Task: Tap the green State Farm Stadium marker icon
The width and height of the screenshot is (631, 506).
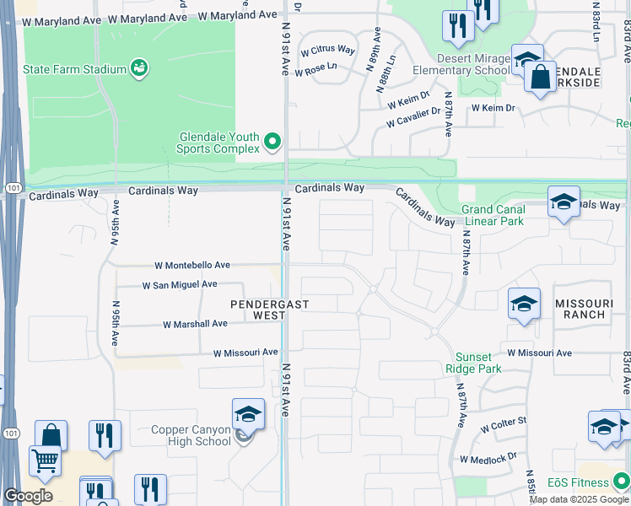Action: point(140,67)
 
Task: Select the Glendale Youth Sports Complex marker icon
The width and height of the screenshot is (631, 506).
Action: point(272,142)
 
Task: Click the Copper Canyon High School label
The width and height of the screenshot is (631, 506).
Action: point(191,435)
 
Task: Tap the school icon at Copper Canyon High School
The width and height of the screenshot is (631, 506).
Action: point(248,414)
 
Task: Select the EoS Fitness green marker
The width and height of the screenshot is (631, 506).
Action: point(622,482)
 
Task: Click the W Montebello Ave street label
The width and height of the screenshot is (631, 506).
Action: point(191,265)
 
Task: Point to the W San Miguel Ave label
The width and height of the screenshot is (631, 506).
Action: point(180,286)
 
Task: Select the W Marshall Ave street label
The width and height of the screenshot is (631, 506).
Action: point(195,324)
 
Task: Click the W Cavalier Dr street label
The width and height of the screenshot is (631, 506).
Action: point(413,117)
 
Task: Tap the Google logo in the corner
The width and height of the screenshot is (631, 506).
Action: point(28,496)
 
